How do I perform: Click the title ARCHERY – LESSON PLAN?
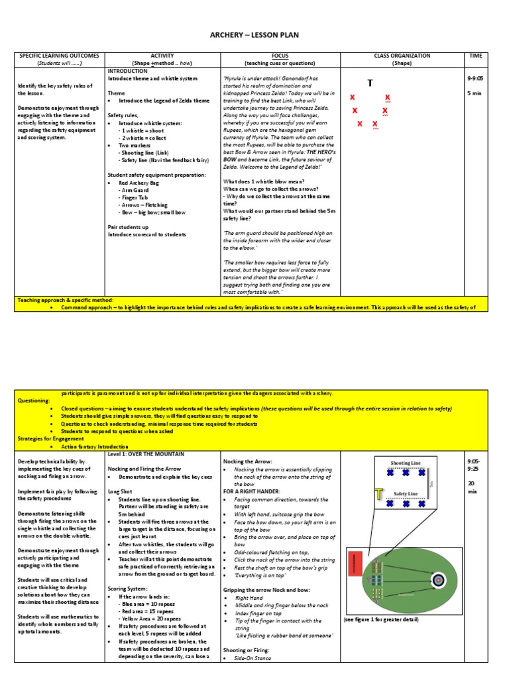[x=254, y=35]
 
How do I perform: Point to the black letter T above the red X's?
[x=370, y=83]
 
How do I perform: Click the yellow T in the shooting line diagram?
[x=380, y=494]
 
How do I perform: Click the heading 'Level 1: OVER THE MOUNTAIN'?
[x=148, y=454]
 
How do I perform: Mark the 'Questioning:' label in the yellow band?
[x=33, y=401]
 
